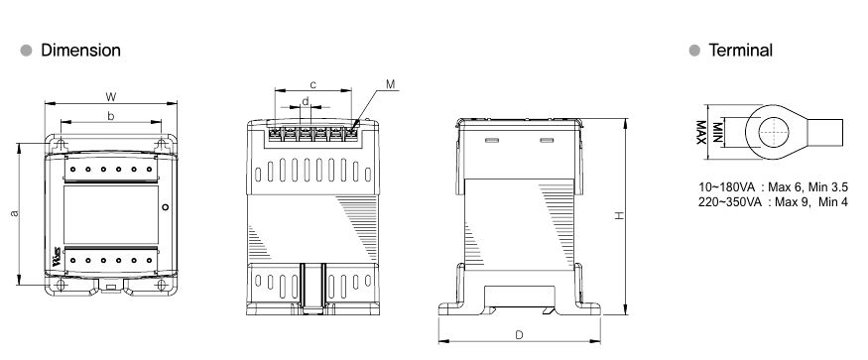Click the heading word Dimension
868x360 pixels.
pos(80,51)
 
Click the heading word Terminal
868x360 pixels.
pos(741,51)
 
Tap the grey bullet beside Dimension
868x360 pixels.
pos(26,51)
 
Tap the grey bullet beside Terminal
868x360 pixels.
pos(694,51)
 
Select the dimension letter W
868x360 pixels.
pos(111,97)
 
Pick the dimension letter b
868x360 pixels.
pos(111,116)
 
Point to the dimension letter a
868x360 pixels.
pos(15,213)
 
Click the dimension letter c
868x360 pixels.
pos(312,84)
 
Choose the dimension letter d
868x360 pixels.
pos(305,101)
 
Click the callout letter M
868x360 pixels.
pos(391,84)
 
